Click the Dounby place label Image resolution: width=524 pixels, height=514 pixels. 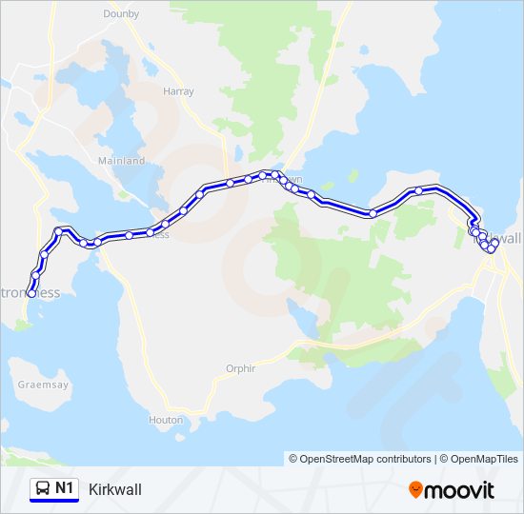[x=121, y=15]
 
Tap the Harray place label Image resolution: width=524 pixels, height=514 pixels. [x=178, y=91]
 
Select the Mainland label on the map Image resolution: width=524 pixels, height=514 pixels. [x=122, y=161]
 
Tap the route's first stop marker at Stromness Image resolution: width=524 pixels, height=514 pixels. [x=31, y=294]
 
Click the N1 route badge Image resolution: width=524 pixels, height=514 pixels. [x=54, y=489]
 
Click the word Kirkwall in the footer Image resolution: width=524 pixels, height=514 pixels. [x=114, y=489]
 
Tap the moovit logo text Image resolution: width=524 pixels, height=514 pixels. [x=460, y=490]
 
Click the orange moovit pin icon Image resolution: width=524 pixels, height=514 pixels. [x=415, y=490]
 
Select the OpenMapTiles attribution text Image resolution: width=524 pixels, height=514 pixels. [x=482, y=459]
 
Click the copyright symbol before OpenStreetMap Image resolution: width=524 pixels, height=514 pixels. [x=294, y=459]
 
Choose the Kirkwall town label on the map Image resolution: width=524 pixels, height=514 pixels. [x=505, y=238]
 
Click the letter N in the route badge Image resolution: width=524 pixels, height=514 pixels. [x=61, y=488]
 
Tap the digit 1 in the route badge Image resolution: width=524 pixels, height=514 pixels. [x=71, y=488]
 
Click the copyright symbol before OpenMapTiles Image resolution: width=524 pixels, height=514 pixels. [x=444, y=459]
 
